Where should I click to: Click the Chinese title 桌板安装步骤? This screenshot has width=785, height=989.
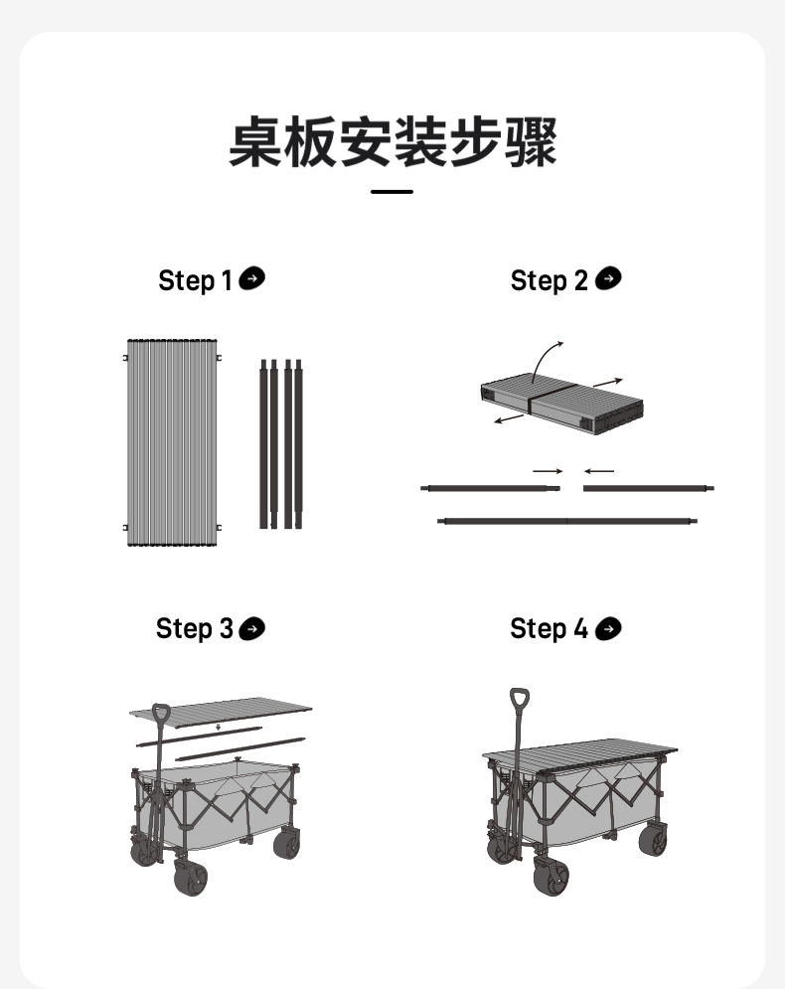pyautogui.click(x=392, y=142)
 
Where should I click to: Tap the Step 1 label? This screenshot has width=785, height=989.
pyautogui.click(x=195, y=280)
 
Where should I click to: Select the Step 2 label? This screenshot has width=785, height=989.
pyautogui.click(x=549, y=280)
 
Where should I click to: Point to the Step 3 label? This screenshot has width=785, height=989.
pyautogui.click(x=194, y=628)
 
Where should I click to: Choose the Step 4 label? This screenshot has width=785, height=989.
pyautogui.click(x=549, y=628)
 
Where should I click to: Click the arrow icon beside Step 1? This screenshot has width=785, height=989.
pyautogui.click(x=252, y=279)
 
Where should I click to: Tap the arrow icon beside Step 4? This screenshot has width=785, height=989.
pyautogui.click(x=608, y=627)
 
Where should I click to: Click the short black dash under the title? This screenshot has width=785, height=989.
pyautogui.click(x=392, y=191)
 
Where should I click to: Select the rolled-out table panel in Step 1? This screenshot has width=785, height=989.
pyautogui.click(x=172, y=443)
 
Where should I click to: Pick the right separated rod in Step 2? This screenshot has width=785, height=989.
pyautogui.click(x=647, y=488)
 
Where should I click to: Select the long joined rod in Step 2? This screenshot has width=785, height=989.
pyautogui.click(x=567, y=520)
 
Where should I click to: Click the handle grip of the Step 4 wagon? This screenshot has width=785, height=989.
pyautogui.click(x=519, y=699)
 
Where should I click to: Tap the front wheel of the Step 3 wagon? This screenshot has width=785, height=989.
pyautogui.click(x=191, y=879)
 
